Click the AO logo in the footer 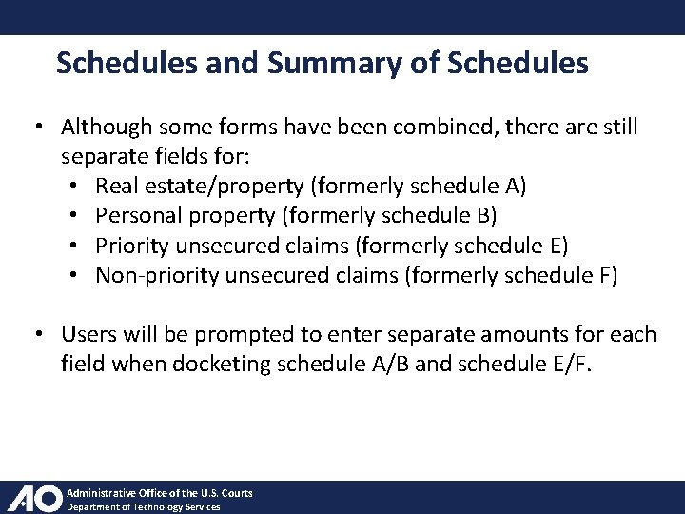34,499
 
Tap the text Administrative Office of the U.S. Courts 159,493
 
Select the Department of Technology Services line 143,507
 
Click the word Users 88,334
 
